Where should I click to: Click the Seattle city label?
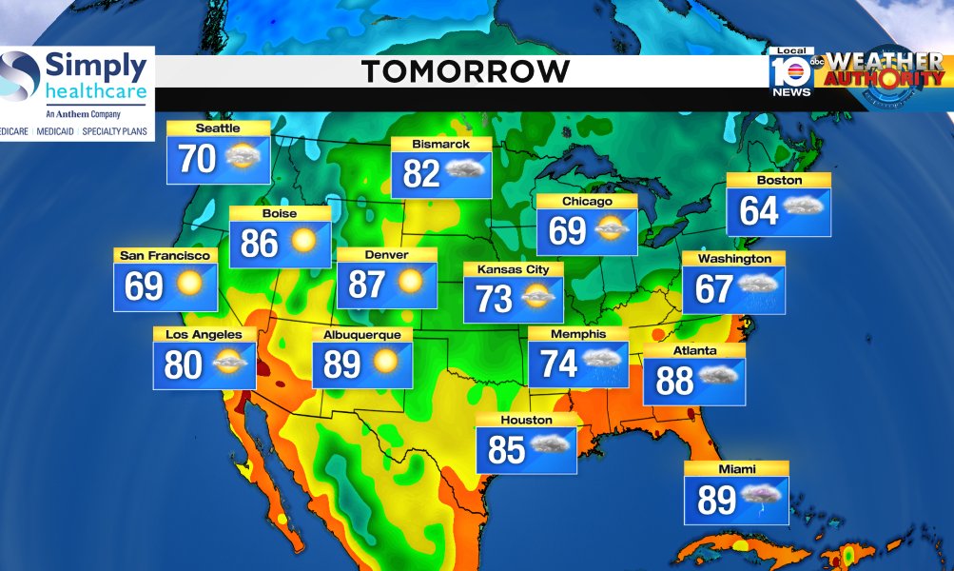coord(218,128)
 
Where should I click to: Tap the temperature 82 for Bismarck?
coord(421,173)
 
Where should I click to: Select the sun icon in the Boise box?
coord(302,243)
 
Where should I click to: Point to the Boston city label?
coord(779,180)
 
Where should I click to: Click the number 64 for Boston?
coord(759,210)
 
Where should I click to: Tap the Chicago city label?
coord(586,202)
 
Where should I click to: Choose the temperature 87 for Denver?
coord(366,283)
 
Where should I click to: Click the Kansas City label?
coord(513,269)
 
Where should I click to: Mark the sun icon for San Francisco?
coord(188,285)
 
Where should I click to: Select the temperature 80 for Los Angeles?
coord(183,364)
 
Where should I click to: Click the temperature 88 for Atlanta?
coord(674,380)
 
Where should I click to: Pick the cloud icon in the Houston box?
coord(551,445)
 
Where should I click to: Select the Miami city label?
coord(736,468)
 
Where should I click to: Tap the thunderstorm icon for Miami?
coord(763,497)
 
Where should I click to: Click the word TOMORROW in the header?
coord(466,71)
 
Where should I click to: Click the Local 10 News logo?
coord(791,71)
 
